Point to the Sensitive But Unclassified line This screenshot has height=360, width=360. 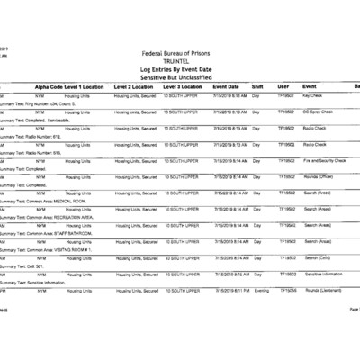coord(179,77)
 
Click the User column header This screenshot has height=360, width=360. coord(283,85)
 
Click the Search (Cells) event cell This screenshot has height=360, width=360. coord(320,258)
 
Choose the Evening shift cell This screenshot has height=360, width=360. coord(261,291)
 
